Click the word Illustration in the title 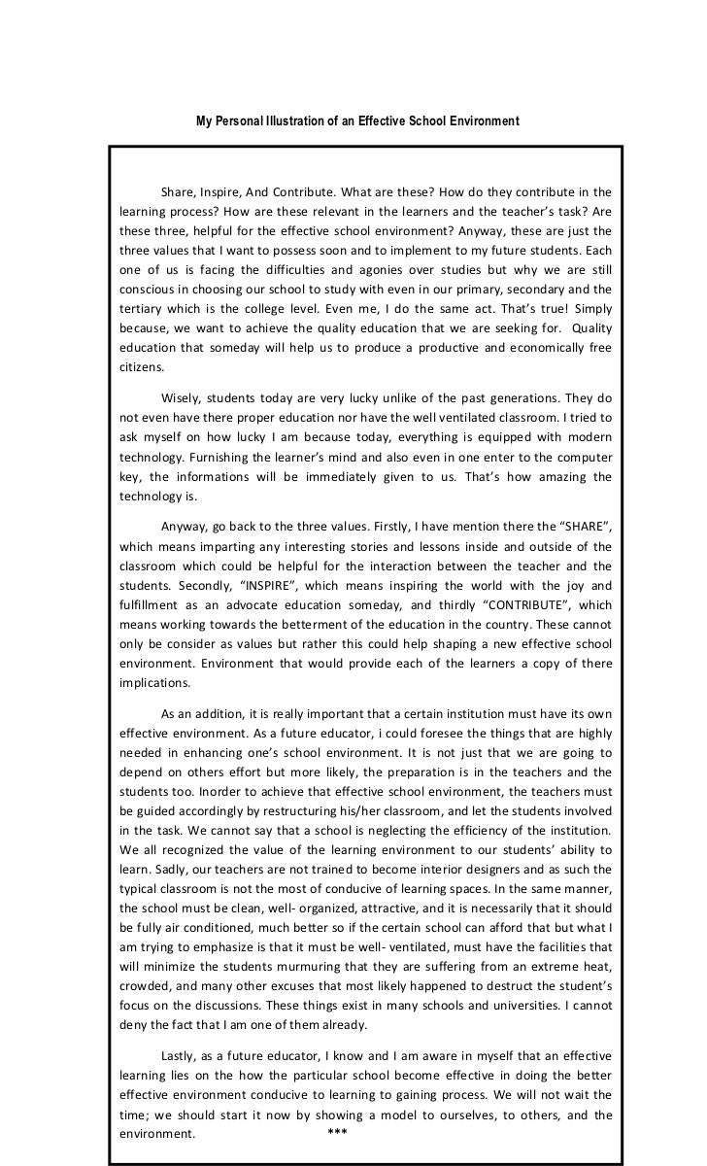click(x=290, y=121)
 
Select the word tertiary click(x=141, y=310)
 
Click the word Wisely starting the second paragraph click(x=183, y=397)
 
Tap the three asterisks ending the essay click(x=338, y=1134)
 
